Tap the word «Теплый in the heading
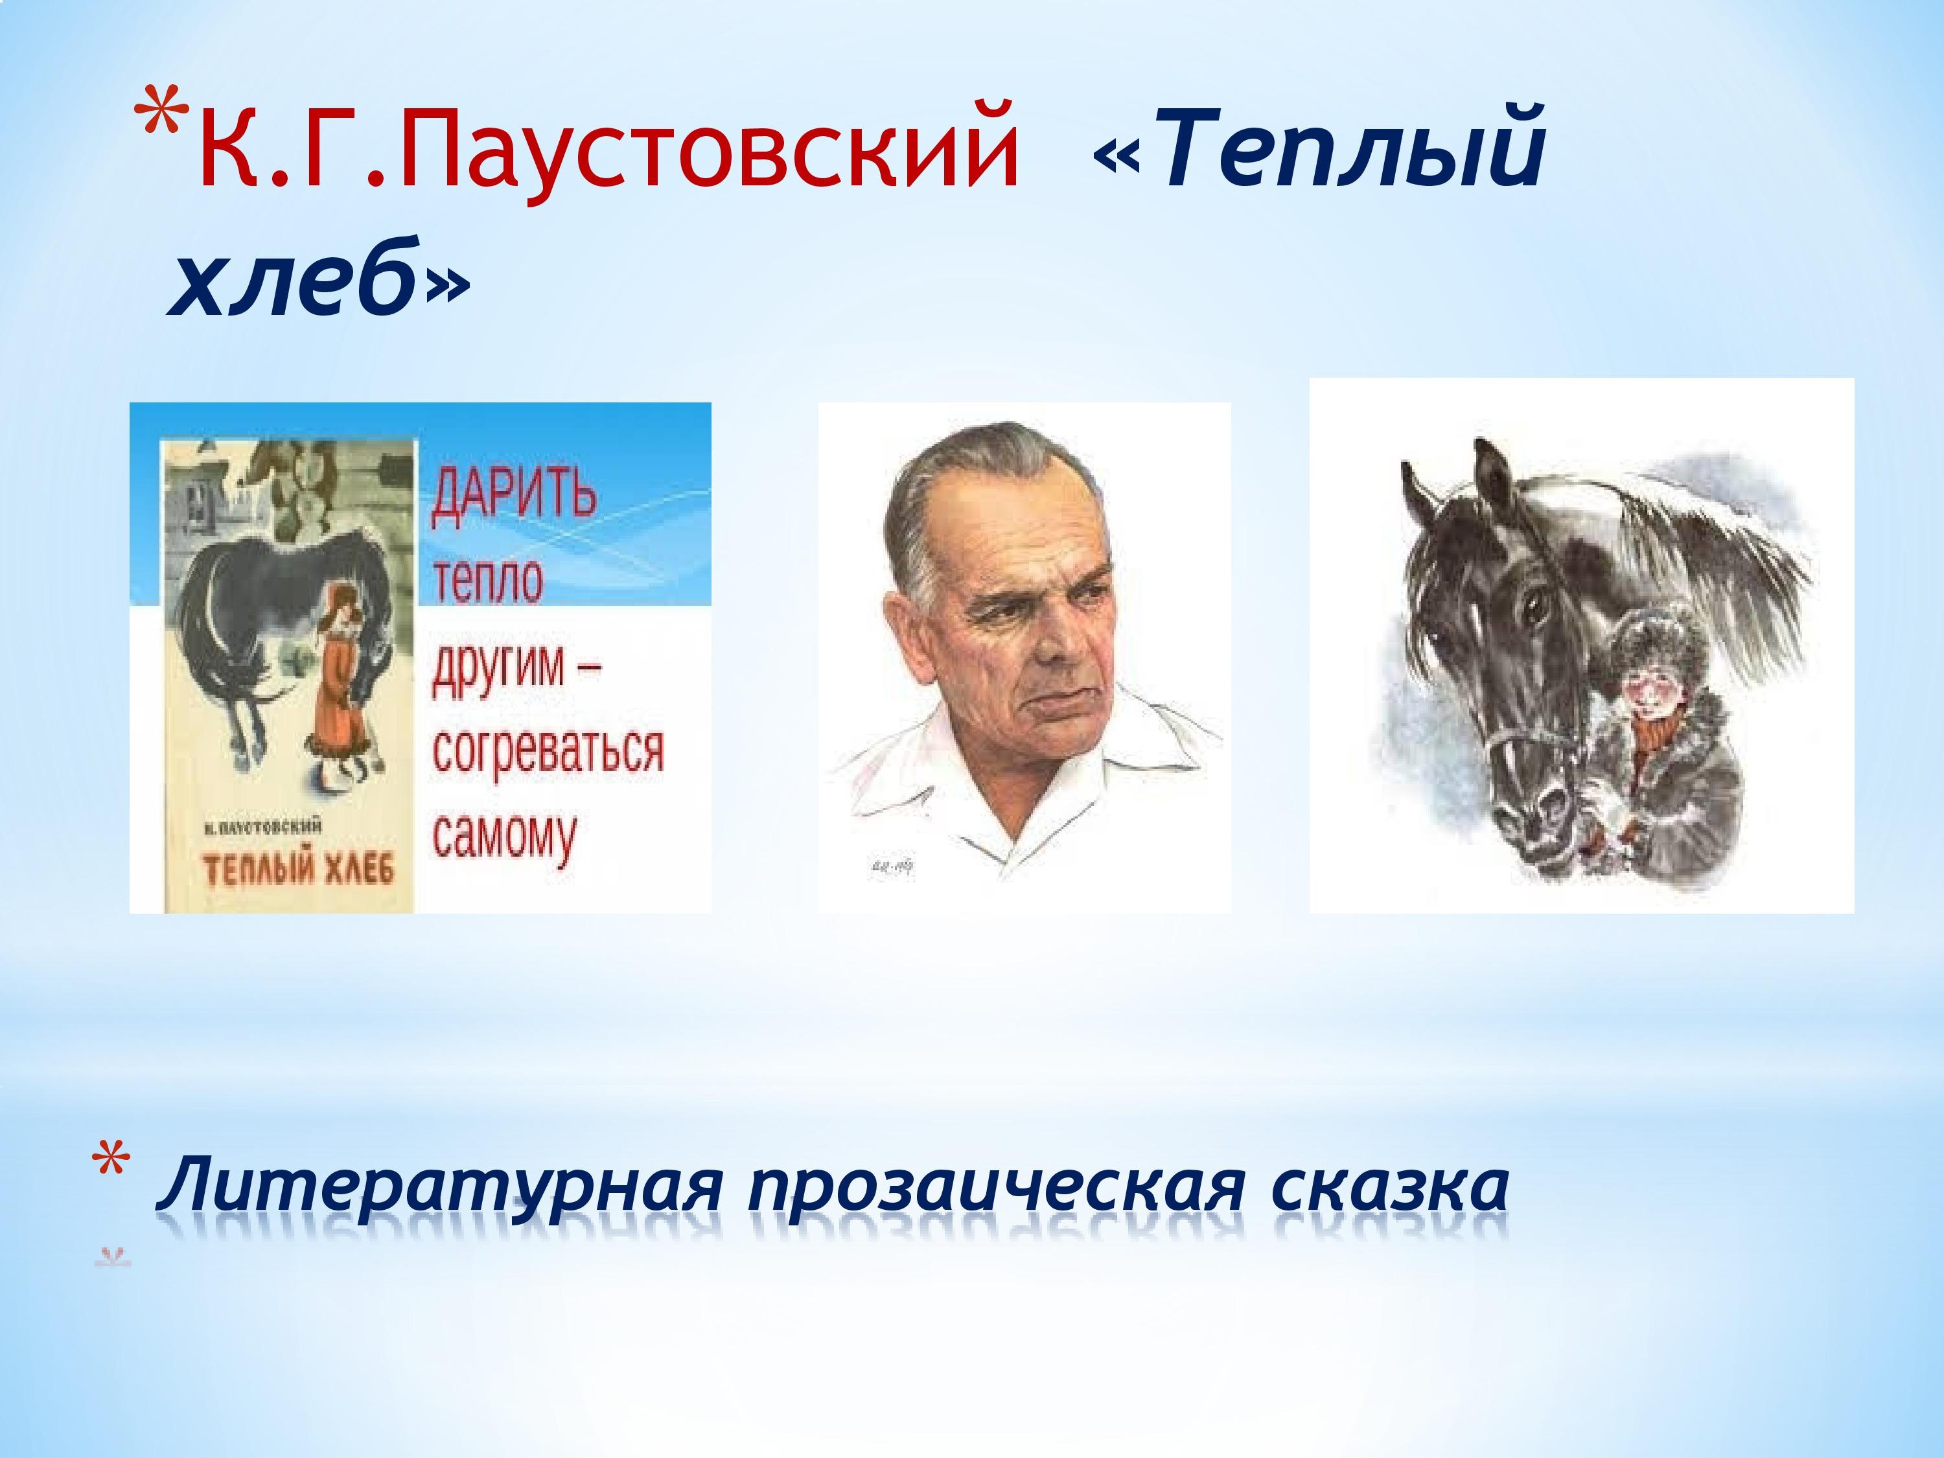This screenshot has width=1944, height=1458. [x=1318, y=145]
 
